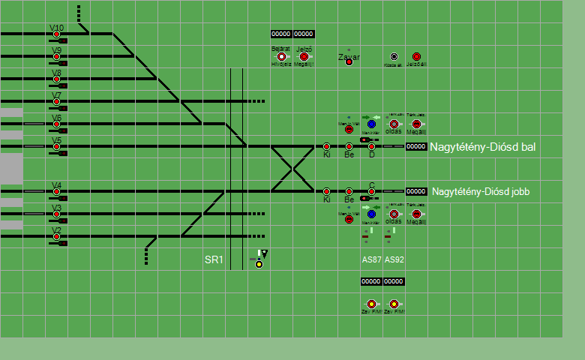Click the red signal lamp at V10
56,34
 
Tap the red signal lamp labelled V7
56,102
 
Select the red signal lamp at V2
56,237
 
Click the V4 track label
56,185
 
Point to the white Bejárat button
281,56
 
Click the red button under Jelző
304,56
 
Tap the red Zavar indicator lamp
349,61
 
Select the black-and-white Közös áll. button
394,56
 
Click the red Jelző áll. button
416,56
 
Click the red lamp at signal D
371,146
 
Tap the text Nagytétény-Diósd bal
482,147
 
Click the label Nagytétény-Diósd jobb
481,192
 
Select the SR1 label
214,260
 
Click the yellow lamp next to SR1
259,264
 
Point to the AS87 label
371,259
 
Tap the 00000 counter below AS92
394,281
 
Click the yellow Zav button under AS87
371,304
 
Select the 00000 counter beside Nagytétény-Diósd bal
416,147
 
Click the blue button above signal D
371,124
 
